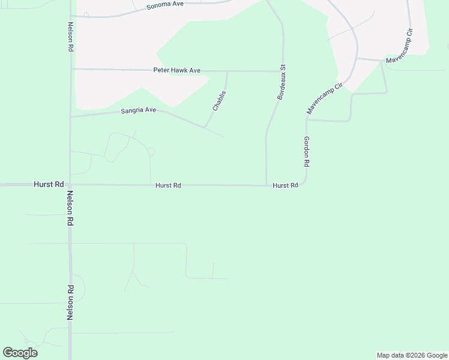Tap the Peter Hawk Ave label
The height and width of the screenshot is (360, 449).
pyautogui.click(x=177, y=70)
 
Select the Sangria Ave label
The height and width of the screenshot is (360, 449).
pyautogui.click(x=138, y=110)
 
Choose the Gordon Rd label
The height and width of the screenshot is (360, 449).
pyautogui.click(x=306, y=151)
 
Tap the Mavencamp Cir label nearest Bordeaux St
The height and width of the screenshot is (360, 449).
pyautogui.click(x=324, y=98)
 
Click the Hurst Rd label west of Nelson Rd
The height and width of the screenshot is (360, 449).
pyautogui.click(x=49, y=185)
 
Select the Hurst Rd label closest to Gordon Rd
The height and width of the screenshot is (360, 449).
pyautogui.click(x=285, y=186)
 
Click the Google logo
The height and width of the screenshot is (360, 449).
pyautogui.click(x=20, y=353)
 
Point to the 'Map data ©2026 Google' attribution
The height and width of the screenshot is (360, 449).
pyautogui.click(x=412, y=355)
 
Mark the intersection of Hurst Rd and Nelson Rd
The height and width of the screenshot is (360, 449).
pyautogui.click(x=70, y=185)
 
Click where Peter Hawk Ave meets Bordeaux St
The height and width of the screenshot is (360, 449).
pyautogui.click(x=283, y=71)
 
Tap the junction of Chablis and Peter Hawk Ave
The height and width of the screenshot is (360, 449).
pyautogui.click(x=228, y=71)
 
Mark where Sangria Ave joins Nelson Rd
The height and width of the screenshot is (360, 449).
pyautogui.click(x=71, y=116)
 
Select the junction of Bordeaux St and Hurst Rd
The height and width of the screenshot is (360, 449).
pyautogui.click(x=267, y=185)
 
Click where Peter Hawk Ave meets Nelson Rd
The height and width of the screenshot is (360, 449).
pyautogui.click(x=71, y=69)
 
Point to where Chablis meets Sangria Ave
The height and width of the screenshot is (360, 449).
pyautogui.click(x=205, y=127)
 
